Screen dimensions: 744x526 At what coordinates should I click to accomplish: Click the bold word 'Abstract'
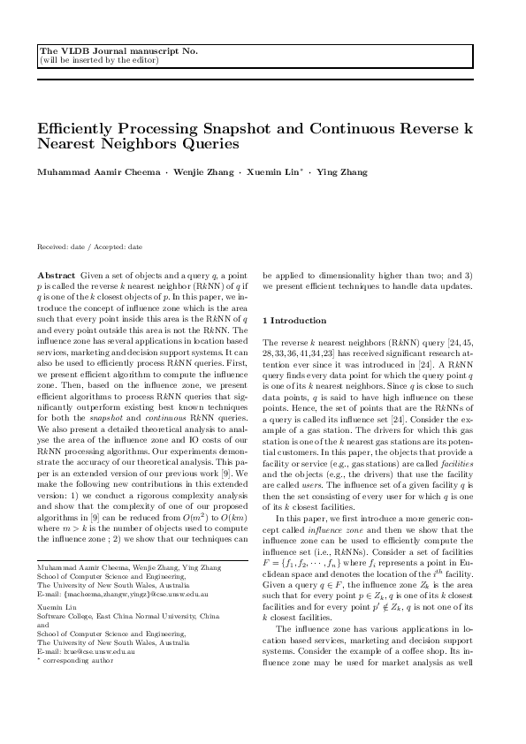[57, 276]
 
